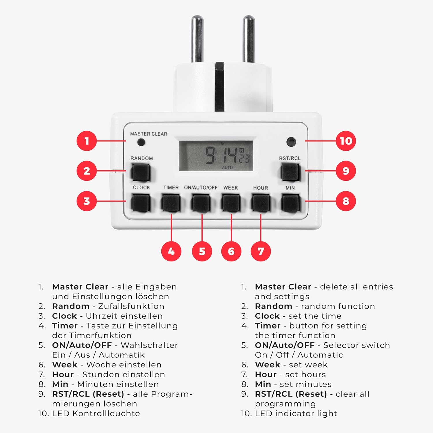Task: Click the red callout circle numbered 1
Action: [x=87, y=141]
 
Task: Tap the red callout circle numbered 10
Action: [x=346, y=141]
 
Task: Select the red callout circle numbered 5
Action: [x=202, y=251]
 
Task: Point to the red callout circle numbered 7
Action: [x=261, y=251]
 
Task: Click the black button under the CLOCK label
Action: [x=141, y=203]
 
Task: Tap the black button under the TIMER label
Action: [x=171, y=203]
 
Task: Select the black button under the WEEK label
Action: [x=231, y=203]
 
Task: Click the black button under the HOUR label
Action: [x=261, y=203]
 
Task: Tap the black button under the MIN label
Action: [x=291, y=203]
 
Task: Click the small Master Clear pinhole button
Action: [x=141, y=142]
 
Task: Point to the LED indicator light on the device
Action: [x=291, y=142]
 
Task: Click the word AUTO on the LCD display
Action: [x=227, y=167]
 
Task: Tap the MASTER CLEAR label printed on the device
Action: [x=149, y=134]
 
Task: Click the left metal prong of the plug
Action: [x=197, y=39]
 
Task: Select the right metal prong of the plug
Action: [x=249, y=39]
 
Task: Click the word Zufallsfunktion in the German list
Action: [x=131, y=306]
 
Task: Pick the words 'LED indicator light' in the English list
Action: [x=296, y=414]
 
